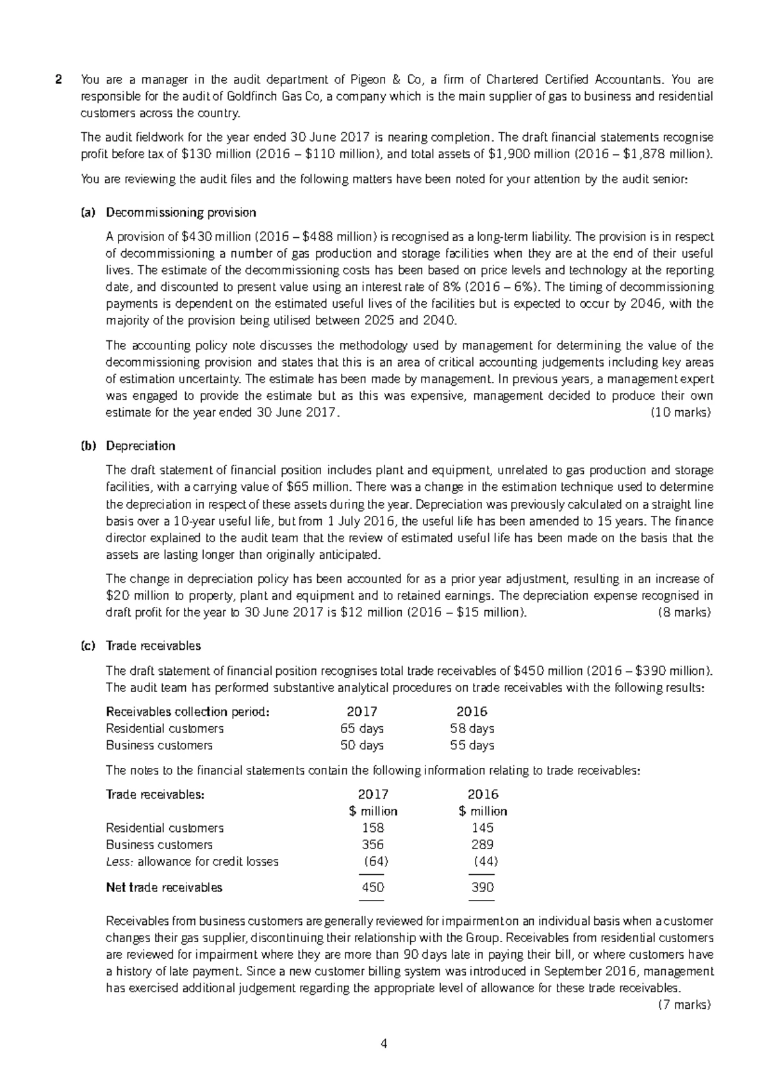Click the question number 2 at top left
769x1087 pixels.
(59, 80)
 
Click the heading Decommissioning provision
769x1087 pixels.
(181, 212)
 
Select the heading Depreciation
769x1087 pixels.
(140, 445)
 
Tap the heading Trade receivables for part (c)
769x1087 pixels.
(153, 645)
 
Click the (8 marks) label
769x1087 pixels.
(684, 612)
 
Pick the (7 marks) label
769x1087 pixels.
(684, 1004)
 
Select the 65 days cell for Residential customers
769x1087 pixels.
(362, 729)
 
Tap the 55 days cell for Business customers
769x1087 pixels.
(472, 745)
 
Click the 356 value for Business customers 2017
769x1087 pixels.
(373, 845)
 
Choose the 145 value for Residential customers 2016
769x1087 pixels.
(483, 828)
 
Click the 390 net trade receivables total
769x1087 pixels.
(483, 888)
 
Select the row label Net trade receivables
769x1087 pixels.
(164, 888)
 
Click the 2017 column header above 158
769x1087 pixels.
(373, 795)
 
